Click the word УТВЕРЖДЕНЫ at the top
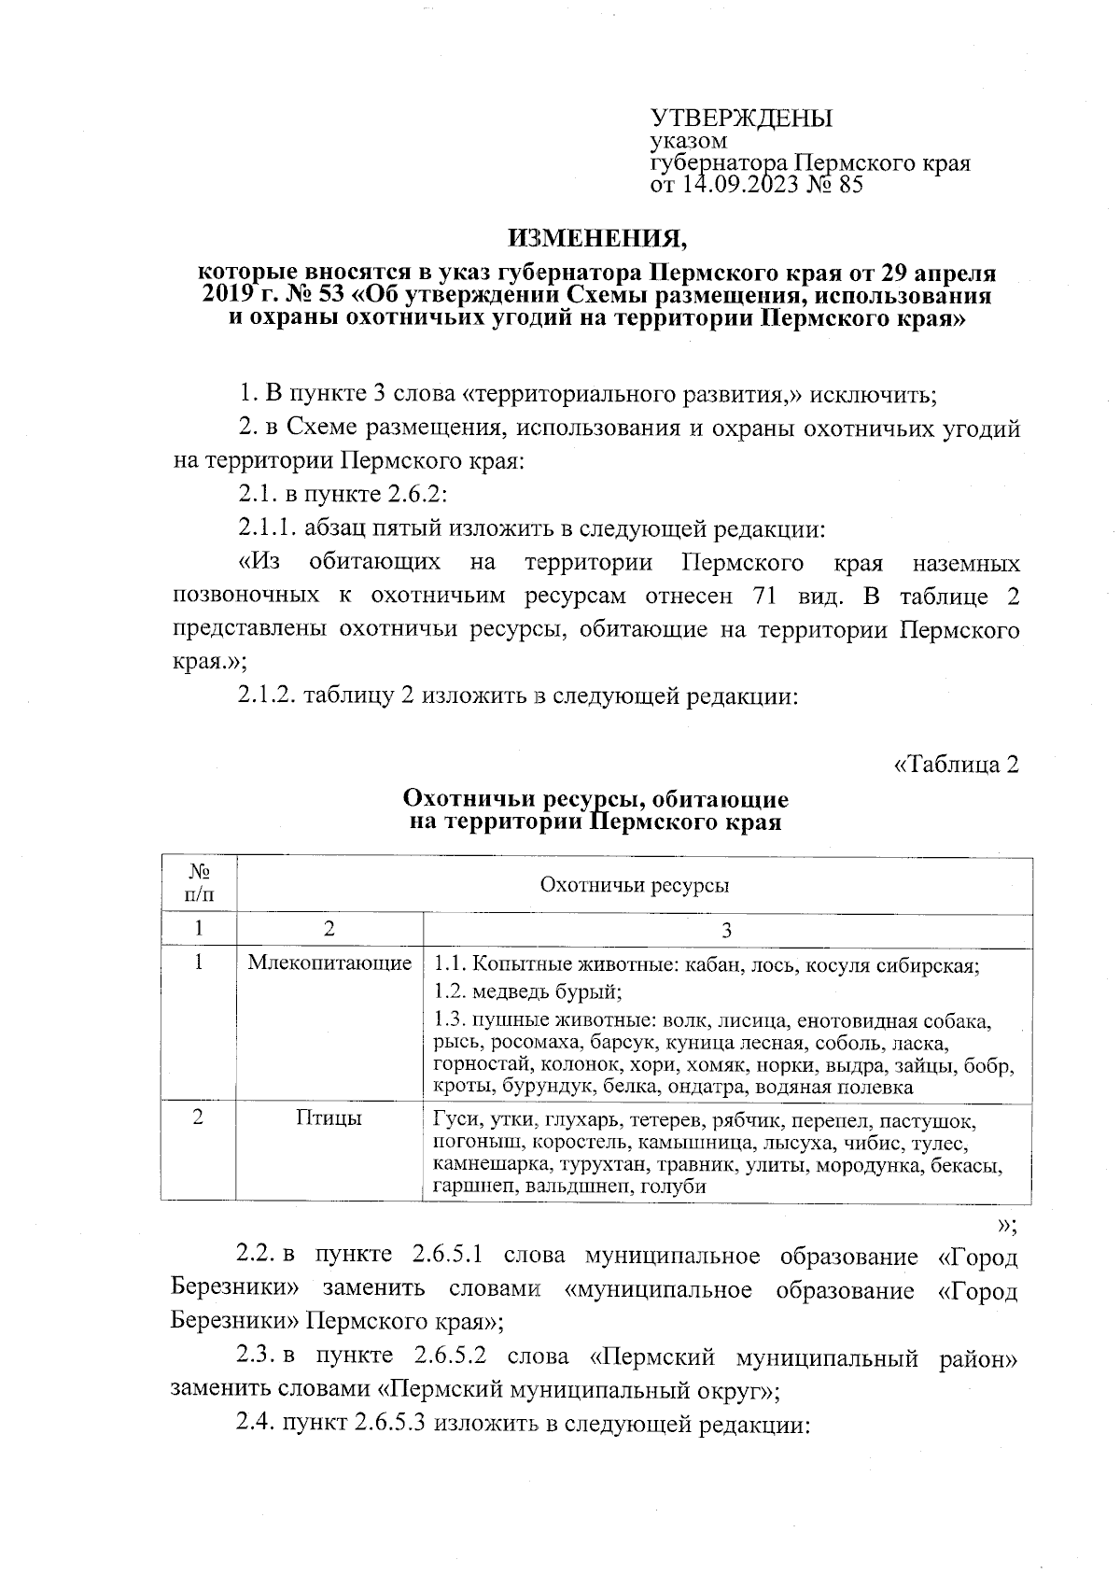(741, 119)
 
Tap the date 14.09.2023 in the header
(738, 185)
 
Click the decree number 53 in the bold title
(330, 296)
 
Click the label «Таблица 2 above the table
(956, 765)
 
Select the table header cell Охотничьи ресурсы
(635, 885)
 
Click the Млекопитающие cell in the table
(329, 963)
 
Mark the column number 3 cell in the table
(727, 929)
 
